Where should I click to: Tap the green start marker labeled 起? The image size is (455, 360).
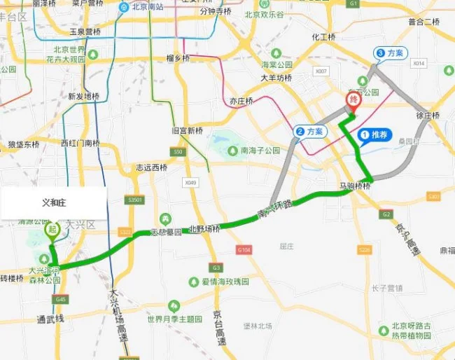[x=52, y=230]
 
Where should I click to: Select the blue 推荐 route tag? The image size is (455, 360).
[x=375, y=134]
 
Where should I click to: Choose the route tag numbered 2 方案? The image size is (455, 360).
[x=310, y=131]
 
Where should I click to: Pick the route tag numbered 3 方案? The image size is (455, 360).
[x=390, y=53]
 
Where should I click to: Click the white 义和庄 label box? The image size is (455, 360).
[x=53, y=203]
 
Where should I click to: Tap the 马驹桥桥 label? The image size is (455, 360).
[x=354, y=186]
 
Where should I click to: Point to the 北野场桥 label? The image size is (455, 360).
[x=204, y=229]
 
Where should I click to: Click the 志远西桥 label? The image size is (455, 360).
[x=151, y=167]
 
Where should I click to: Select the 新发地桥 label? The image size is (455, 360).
[x=83, y=97]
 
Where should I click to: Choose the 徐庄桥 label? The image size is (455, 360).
[x=427, y=116]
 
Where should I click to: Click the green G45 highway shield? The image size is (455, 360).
[x=61, y=299]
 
